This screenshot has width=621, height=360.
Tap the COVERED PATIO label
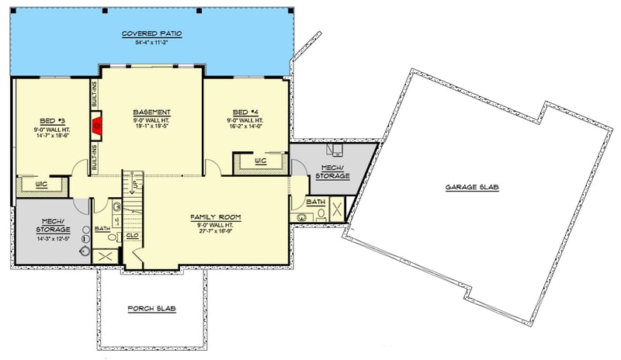151,34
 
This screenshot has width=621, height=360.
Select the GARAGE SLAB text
471,188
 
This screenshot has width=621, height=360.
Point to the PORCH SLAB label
151,309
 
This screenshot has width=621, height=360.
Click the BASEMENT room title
151,112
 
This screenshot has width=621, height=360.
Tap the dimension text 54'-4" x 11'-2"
151,43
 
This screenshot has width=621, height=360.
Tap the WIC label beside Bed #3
42,185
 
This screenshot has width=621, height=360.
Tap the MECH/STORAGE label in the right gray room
331,172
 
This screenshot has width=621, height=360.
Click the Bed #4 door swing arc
211,167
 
